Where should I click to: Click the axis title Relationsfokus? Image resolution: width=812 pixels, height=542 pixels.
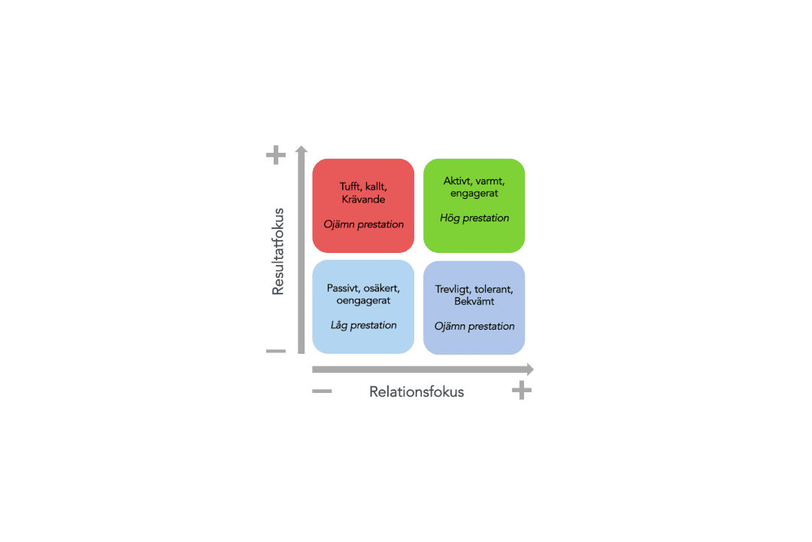coord(417,391)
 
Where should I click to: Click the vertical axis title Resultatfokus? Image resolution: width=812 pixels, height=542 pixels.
coord(278,251)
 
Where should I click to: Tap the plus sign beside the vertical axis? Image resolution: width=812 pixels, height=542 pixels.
coord(276,154)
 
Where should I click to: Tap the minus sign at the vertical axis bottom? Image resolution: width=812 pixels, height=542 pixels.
coord(276,351)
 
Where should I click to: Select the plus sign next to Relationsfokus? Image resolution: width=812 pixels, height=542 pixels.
coord(522,390)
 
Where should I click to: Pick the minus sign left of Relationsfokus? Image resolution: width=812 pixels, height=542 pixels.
coord(322,391)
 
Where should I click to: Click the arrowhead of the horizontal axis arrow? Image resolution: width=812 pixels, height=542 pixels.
coord(530,370)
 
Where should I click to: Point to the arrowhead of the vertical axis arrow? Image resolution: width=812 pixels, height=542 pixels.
coord(301,149)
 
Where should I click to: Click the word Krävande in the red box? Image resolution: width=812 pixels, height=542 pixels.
coord(364,199)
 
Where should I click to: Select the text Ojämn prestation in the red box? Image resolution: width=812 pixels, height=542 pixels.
coord(364,224)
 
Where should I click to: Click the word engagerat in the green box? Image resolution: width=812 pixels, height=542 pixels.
coord(474,193)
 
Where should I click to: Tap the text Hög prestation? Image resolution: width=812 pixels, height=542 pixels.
coord(474,218)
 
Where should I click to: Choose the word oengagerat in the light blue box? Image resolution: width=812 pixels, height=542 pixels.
coord(364,301)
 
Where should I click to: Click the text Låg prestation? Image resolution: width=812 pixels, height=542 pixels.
coord(364,325)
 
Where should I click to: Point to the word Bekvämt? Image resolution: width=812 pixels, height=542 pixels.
coord(474,301)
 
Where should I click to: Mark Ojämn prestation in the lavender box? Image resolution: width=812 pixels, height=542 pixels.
coord(474,326)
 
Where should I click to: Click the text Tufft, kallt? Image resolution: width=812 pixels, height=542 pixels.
coord(364,187)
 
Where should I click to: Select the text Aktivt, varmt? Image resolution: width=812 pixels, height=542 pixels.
coord(474,181)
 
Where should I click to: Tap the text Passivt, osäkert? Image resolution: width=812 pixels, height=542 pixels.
coord(364,288)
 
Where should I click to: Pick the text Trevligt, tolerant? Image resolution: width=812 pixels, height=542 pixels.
coord(474,289)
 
